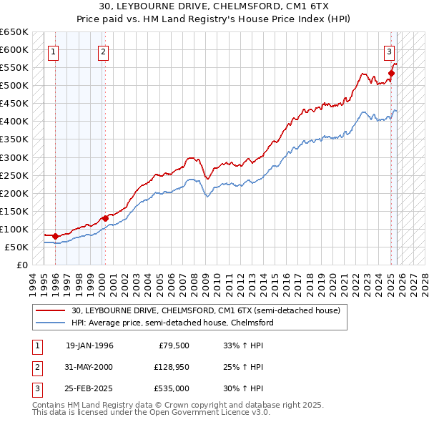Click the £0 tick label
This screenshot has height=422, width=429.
tap(21, 265)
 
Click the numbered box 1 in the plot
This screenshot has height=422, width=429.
tap(54, 51)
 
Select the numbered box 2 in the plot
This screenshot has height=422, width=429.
tap(104, 51)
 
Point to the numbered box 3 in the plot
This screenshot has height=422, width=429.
tap(390, 51)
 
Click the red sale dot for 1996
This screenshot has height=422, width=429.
tap(56, 235)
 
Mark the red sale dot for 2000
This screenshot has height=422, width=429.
tap(105, 218)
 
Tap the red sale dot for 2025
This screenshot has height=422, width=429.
tap(392, 73)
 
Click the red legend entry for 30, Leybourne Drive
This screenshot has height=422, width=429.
tap(199, 310)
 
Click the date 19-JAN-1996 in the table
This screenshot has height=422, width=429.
tap(89, 346)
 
